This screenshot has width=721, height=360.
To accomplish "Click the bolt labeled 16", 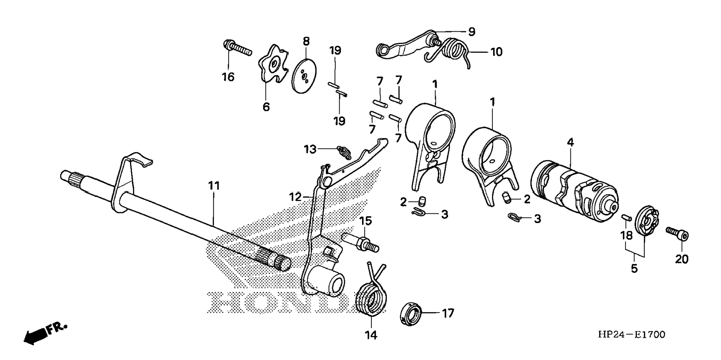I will click(237, 48).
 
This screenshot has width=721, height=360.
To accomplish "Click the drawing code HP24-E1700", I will click(631, 335).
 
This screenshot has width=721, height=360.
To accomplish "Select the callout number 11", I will click(214, 186).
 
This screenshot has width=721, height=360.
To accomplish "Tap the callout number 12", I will click(295, 197).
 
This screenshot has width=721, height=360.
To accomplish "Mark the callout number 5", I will click(634, 269).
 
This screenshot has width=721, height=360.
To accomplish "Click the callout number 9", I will click(472, 32).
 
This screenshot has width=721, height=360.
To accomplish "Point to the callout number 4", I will click(570, 142).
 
